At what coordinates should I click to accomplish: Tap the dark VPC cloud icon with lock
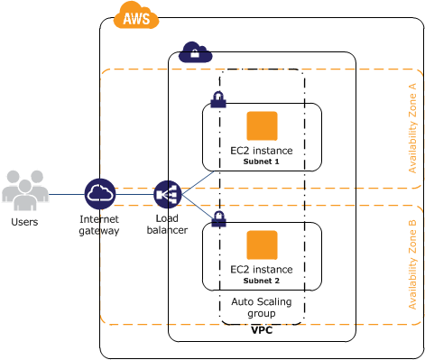(x=195, y=52)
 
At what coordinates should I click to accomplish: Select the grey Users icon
(x=24, y=189)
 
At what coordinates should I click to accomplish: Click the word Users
(x=24, y=221)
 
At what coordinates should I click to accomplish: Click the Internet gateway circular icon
(x=100, y=194)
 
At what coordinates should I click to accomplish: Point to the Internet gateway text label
(x=99, y=225)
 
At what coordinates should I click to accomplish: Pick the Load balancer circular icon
(x=168, y=194)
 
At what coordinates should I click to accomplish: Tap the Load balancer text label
(x=167, y=225)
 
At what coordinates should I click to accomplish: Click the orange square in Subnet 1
(x=262, y=125)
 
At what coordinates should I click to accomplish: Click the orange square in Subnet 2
(x=262, y=245)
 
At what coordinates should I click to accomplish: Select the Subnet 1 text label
(x=262, y=162)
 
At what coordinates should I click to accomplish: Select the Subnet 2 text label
(x=262, y=281)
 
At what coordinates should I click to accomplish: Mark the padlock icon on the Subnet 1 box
(x=218, y=99)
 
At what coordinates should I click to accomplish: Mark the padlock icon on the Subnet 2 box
(x=218, y=218)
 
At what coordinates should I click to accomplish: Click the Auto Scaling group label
(x=262, y=307)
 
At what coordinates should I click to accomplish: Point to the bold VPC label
(x=262, y=331)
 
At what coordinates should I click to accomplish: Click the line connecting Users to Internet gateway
(x=65, y=194)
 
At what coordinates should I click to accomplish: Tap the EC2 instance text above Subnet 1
(x=262, y=151)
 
